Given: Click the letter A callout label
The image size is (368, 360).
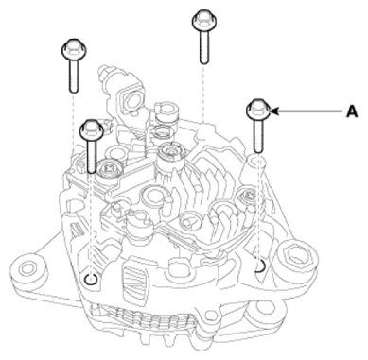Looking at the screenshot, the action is (x=352, y=111).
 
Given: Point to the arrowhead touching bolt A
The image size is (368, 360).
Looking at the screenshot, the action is (x=274, y=111).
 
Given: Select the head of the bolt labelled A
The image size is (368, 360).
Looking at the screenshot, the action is (x=258, y=110).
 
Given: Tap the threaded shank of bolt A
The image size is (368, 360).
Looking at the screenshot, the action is (x=258, y=136).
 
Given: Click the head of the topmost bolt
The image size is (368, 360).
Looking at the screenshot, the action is (x=204, y=21).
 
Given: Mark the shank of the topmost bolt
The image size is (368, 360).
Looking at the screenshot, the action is (x=204, y=47).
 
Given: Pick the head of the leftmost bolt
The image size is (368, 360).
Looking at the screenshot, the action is (x=74, y=50).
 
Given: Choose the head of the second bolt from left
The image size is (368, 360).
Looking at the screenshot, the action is (x=92, y=130).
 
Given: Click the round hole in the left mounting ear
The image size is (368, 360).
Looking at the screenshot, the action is (x=26, y=268).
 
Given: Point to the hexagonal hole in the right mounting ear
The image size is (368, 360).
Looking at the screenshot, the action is (x=296, y=255).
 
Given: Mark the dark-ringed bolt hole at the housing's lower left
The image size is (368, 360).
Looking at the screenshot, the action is (x=91, y=279).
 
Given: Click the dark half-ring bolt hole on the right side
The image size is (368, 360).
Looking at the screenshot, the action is (x=260, y=266).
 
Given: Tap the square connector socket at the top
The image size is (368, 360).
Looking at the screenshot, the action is (x=131, y=99).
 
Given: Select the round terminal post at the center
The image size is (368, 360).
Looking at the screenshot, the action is (x=170, y=152).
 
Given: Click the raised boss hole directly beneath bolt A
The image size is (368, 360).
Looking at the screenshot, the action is (x=257, y=162).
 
